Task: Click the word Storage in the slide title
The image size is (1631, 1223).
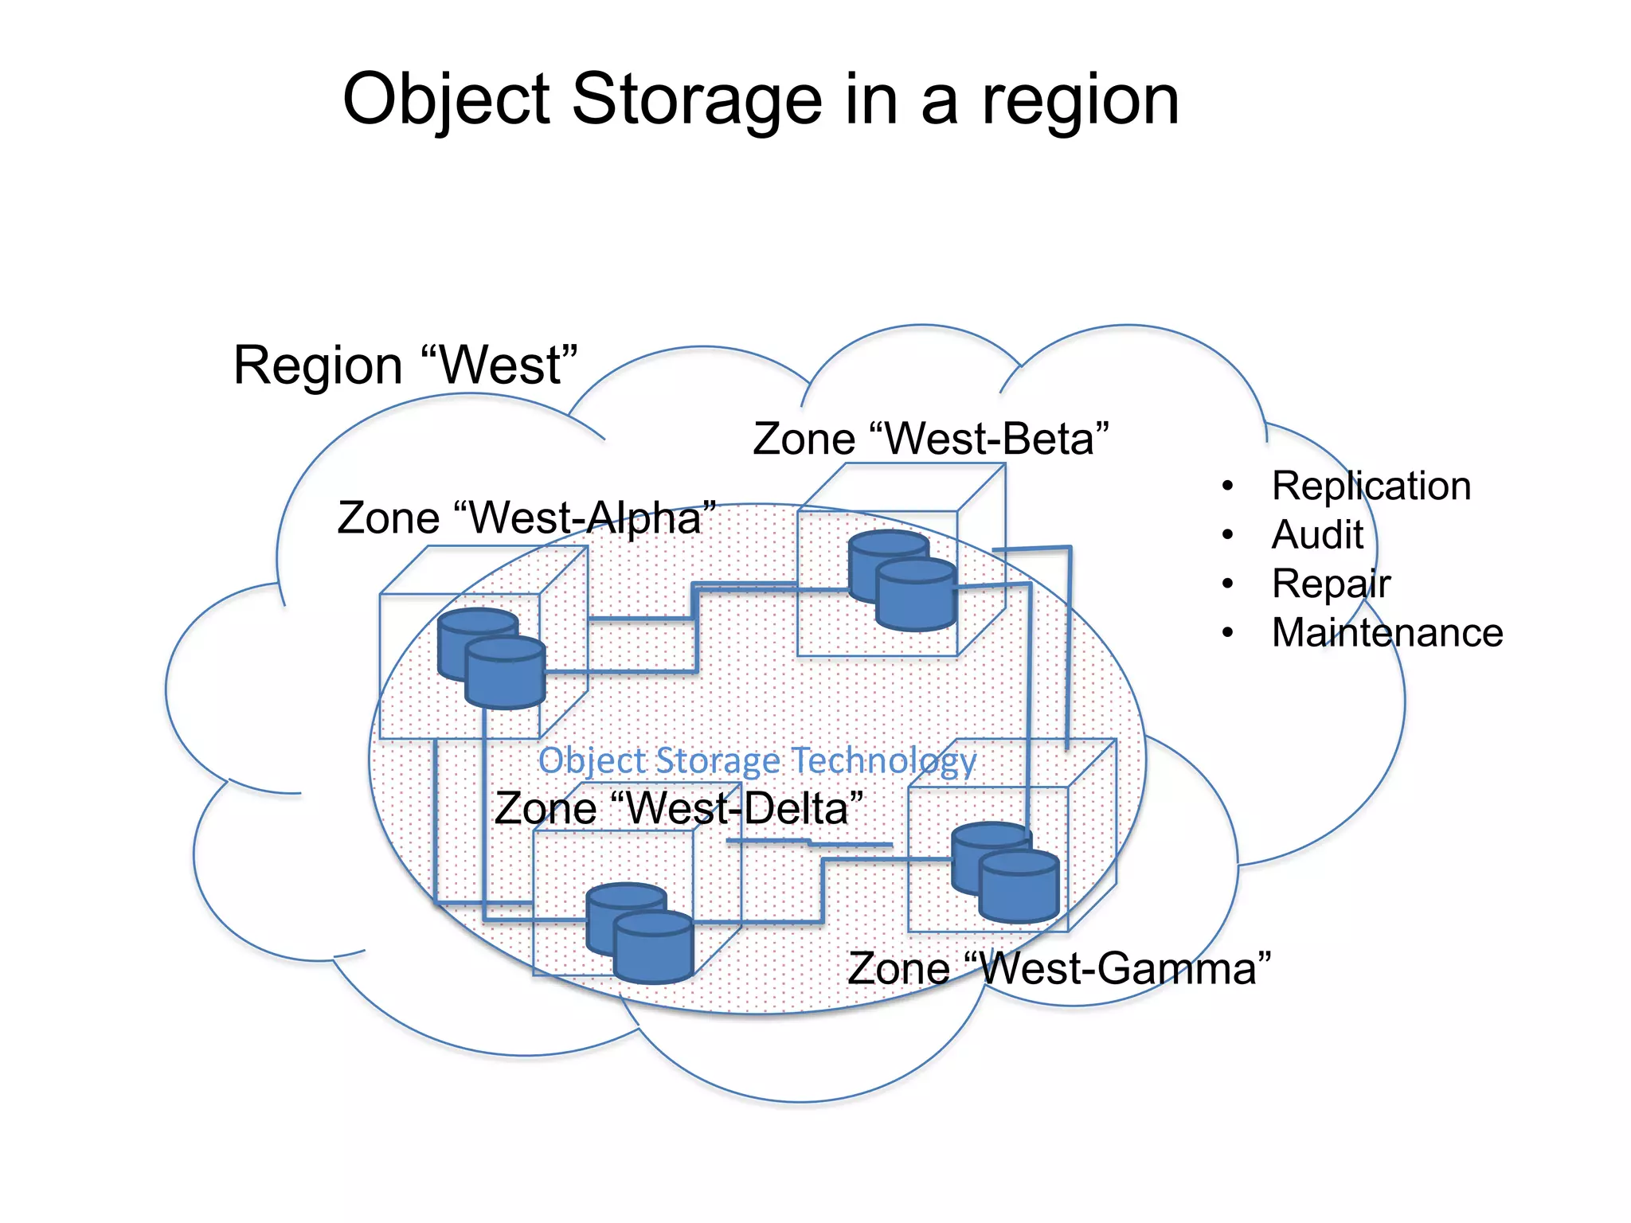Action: (x=696, y=100)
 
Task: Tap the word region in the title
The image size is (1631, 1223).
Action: (x=1080, y=101)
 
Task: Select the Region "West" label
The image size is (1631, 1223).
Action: (x=405, y=365)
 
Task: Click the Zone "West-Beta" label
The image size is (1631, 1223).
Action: (x=930, y=439)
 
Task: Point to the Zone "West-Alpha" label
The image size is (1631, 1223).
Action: (x=526, y=518)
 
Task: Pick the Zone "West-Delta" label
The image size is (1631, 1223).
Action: (x=679, y=809)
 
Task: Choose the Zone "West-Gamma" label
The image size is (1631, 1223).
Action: (x=1058, y=969)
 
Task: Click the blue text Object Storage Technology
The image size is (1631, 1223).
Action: (x=757, y=760)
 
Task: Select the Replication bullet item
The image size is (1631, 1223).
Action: (x=1371, y=486)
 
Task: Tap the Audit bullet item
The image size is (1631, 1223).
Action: (x=1317, y=534)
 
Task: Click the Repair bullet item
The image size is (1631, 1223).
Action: (x=1331, y=584)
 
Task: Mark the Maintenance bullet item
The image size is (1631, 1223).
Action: (x=1387, y=633)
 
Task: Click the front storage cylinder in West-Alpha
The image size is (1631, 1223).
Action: (x=505, y=677)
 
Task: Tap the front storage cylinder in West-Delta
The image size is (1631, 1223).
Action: (x=654, y=951)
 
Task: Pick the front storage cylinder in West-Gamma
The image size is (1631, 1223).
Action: (x=1019, y=890)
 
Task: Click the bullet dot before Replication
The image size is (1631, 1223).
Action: (x=1228, y=486)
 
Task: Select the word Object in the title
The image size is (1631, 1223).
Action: (x=446, y=101)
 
